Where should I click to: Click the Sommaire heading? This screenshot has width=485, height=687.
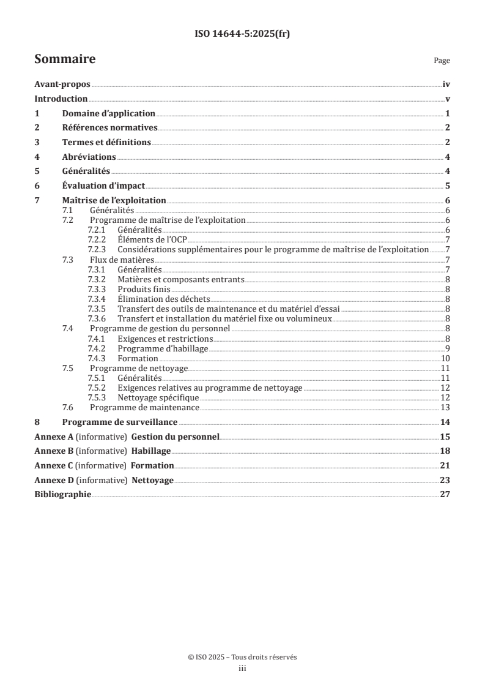click(x=65, y=59)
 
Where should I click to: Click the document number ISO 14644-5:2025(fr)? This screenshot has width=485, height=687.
click(x=242, y=34)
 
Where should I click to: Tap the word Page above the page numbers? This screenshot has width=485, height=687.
click(x=442, y=61)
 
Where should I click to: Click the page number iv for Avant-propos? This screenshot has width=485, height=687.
click(x=446, y=86)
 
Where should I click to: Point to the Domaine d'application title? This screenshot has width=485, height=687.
click(x=109, y=113)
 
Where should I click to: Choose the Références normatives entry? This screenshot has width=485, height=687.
click(x=110, y=128)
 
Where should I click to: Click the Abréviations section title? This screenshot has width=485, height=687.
click(x=89, y=157)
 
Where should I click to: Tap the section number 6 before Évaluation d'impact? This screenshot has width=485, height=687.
click(x=37, y=186)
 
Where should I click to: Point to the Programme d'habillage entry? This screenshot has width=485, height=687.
click(x=163, y=348)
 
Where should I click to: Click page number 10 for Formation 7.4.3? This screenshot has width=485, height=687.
click(x=446, y=358)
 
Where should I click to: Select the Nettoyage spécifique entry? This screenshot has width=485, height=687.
click(x=158, y=397)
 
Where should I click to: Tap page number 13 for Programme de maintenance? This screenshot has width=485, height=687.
click(x=446, y=407)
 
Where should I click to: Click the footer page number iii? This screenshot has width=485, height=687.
click(x=242, y=669)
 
